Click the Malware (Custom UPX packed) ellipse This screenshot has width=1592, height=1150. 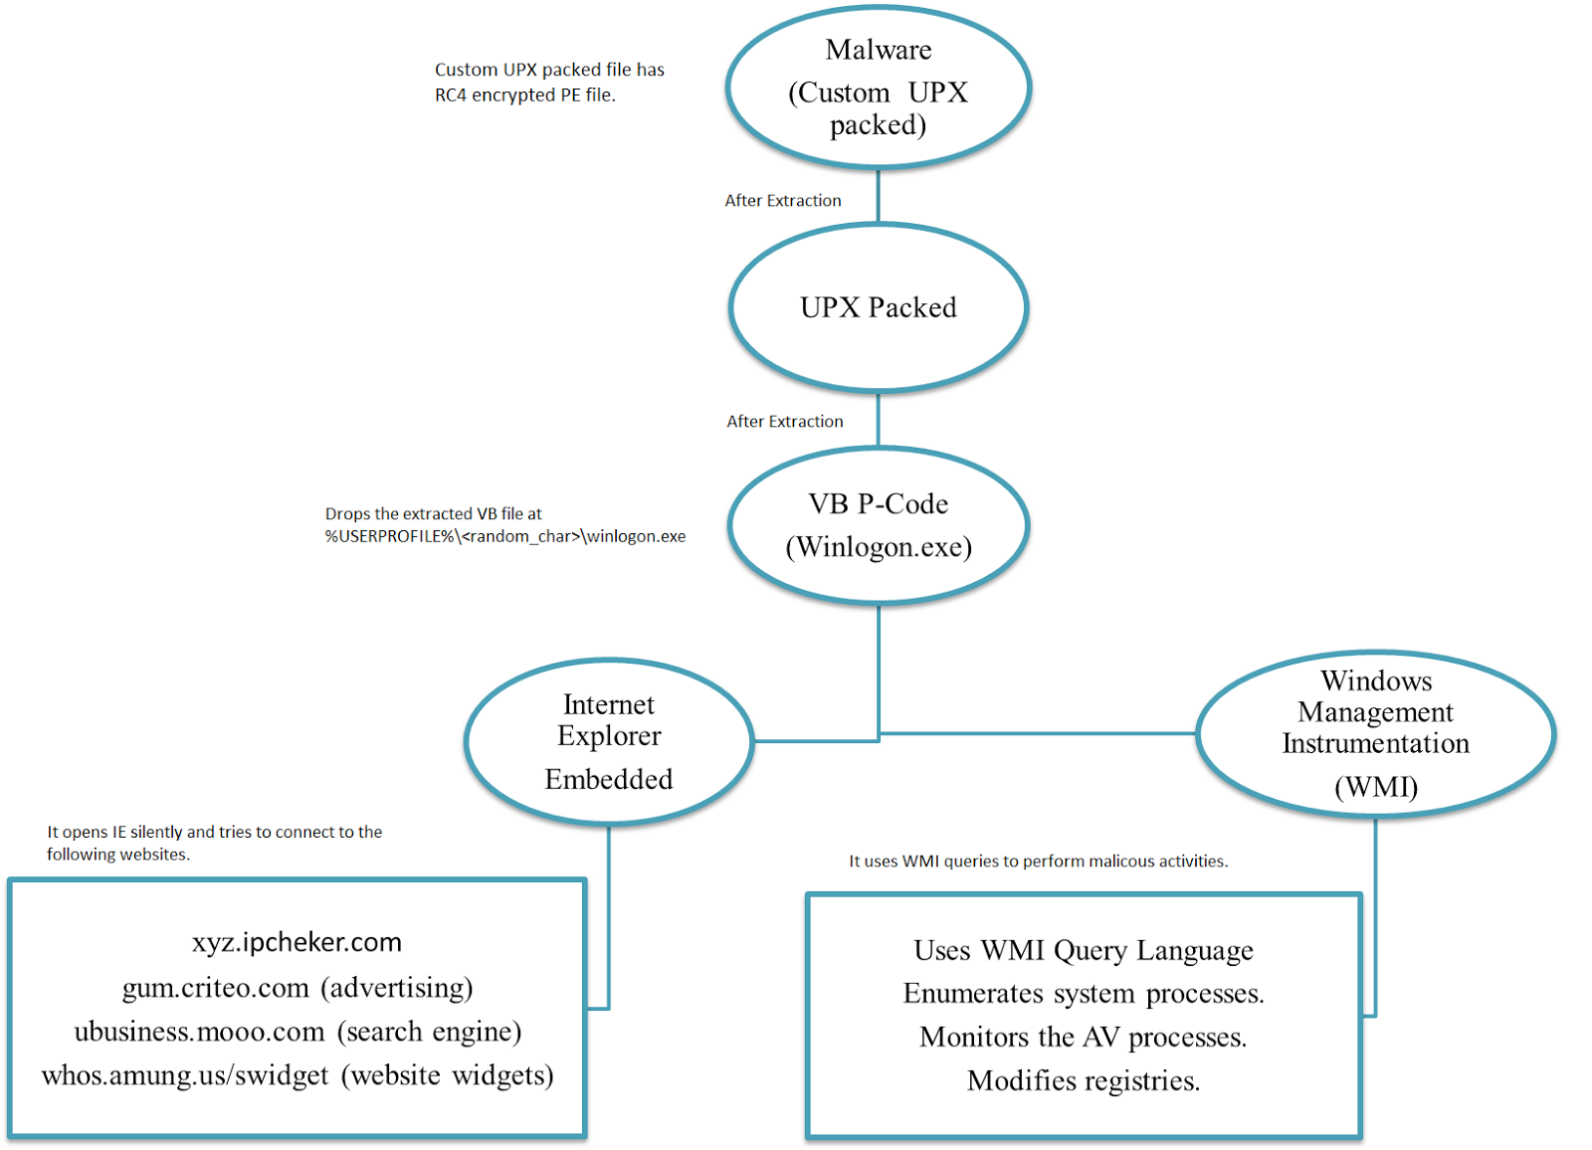(x=878, y=88)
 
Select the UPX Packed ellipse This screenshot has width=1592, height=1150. (x=878, y=307)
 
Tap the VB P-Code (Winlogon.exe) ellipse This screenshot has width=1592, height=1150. (x=878, y=525)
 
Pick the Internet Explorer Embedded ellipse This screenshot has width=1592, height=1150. (x=609, y=741)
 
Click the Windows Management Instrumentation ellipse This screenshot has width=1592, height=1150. (x=1375, y=734)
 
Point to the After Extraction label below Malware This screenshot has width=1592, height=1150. (x=783, y=201)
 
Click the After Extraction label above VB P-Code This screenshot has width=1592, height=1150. (x=785, y=422)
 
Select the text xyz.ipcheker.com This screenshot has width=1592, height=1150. (x=297, y=942)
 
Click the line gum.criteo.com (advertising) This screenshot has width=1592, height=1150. (x=297, y=988)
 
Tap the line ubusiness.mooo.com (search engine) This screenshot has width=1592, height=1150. (x=297, y=1032)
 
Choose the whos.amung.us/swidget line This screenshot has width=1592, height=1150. (x=297, y=1075)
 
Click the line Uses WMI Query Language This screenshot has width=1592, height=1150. (x=1084, y=951)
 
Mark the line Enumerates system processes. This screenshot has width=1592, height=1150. (x=1084, y=994)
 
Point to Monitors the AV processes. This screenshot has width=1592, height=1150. (x=1084, y=1038)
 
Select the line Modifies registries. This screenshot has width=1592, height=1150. (x=1084, y=1081)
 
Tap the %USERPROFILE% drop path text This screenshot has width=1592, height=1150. (x=504, y=536)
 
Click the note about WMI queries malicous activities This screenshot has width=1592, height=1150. (x=1038, y=862)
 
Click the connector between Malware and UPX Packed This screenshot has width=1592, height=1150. (x=878, y=197)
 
